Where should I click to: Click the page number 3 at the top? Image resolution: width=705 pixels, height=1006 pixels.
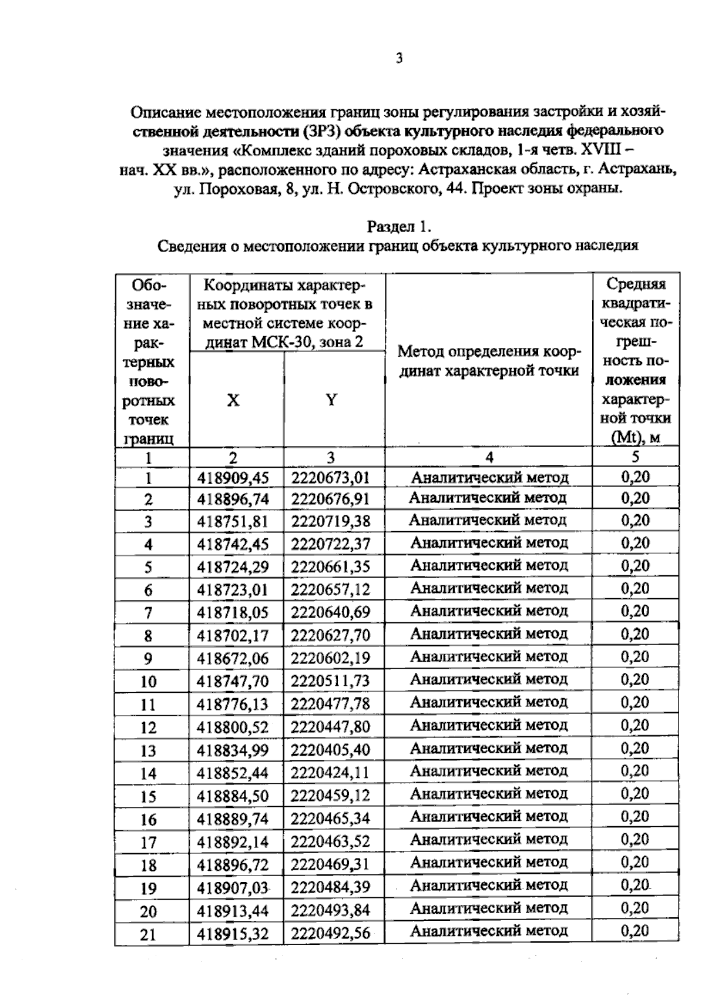(x=399, y=58)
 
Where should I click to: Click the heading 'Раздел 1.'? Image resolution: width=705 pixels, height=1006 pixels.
(x=399, y=226)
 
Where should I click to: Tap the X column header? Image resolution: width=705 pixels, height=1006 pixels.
(x=234, y=400)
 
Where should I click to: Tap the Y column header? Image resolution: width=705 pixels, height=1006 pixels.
(x=332, y=400)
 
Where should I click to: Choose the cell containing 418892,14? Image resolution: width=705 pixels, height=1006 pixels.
(x=233, y=842)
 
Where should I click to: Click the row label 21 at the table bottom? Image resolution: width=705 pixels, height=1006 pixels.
(x=149, y=934)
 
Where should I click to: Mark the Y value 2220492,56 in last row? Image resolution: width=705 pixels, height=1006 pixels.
(x=331, y=933)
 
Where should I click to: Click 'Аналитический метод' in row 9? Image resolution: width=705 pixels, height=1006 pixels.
(x=489, y=657)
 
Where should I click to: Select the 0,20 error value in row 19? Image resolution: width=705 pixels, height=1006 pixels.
(x=635, y=886)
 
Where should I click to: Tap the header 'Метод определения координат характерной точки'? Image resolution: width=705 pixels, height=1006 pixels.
(x=489, y=361)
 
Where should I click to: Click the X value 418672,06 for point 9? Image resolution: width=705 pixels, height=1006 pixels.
(x=233, y=659)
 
